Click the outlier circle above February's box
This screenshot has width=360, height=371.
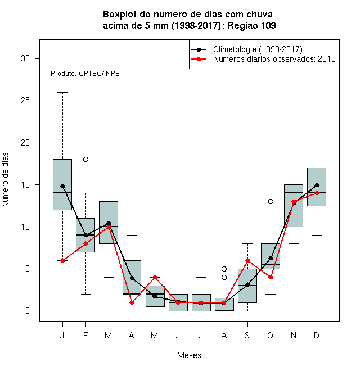point(85,159)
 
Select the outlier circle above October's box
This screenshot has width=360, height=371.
point(271,201)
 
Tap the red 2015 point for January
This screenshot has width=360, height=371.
point(62,260)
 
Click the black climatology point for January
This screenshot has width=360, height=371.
point(62,186)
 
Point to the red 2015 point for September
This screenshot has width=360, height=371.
point(247,260)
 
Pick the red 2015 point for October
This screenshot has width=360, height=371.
point(271,277)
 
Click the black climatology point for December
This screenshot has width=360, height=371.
point(317,185)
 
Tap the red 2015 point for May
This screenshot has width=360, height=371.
point(155,277)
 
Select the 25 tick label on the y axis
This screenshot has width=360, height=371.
point(25,101)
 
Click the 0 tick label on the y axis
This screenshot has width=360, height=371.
point(28,311)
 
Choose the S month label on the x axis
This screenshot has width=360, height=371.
point(247,335)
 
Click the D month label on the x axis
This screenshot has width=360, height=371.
point(317,335)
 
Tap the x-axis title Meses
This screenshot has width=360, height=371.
point(189,355)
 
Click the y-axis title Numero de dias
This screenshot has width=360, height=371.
point(5,180)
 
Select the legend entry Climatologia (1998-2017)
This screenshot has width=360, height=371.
point(258,49)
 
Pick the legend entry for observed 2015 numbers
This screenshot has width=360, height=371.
point(274,59)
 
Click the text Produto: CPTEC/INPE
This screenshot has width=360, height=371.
point(85,74)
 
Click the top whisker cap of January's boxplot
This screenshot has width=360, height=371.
point(62,93)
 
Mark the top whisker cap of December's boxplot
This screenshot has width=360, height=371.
point(317,126)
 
